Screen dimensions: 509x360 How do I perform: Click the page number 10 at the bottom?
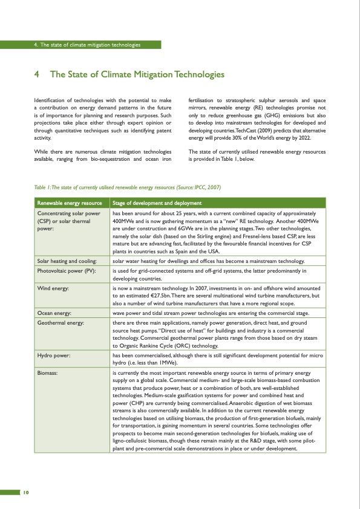tap(26, 491)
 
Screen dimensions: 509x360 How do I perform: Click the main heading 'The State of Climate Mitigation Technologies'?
tap(137, 74)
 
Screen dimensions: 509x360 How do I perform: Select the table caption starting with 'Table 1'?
tap(127, 187)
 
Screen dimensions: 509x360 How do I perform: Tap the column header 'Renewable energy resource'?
tap(70, 203)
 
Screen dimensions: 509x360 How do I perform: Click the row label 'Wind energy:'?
tap(53, 290)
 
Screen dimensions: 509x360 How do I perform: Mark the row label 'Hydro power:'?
tap(54, 356)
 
